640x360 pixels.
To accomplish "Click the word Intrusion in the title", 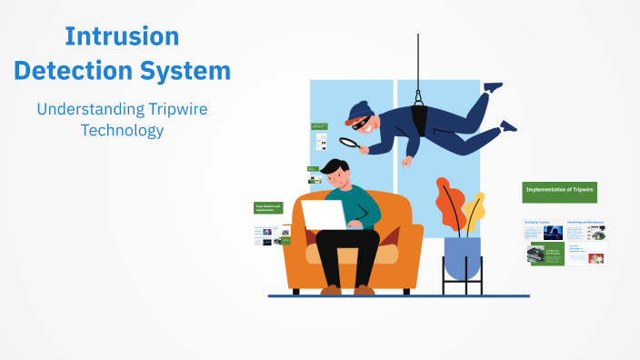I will (x=122, y=36).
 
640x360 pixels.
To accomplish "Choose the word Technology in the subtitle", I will (x=122, y=130).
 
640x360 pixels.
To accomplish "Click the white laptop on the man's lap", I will (x=322, y=215).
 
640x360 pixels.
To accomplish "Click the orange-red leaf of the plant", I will (x=449, y=204).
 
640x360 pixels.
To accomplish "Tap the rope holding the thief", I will (x=419, y=59).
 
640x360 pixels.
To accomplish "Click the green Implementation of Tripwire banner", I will (x=559, y=191).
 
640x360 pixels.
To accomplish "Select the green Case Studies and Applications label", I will (x=268, y=208).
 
